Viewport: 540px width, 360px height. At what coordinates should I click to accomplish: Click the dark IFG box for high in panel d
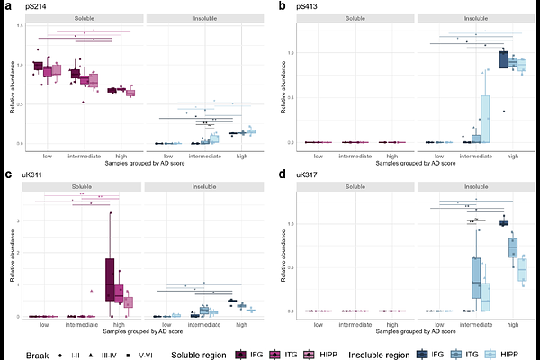tap(504, 222)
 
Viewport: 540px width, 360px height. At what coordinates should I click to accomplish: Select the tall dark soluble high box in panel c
tap(109, 279)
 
